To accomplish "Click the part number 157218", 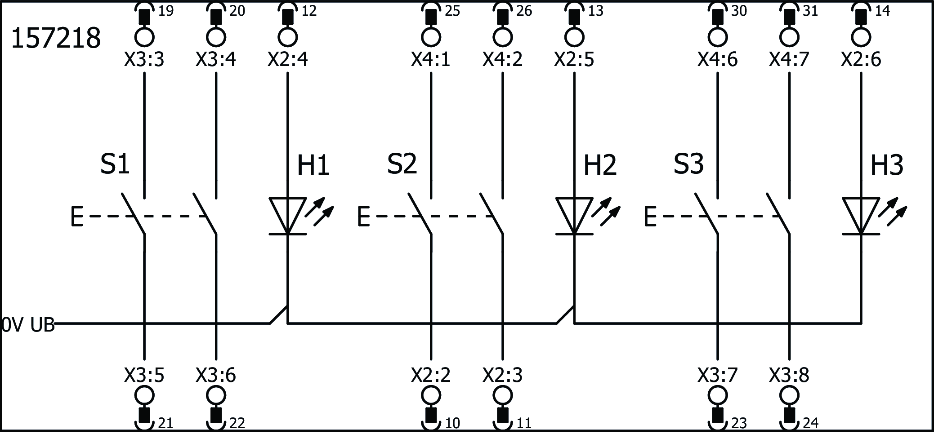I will pos(56,38).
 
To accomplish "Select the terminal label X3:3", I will pos(144,60).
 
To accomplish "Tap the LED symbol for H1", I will pos(288,216).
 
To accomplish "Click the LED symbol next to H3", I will pos(861,216).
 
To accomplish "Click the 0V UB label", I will pos(28,325).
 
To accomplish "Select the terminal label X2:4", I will pos(288,60).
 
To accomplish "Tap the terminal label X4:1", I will pos(430,60).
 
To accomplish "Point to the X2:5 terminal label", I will pos(574,60).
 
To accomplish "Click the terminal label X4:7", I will pos(789,60).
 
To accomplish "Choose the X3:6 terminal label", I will pos(216,375).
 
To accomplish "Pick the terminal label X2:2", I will pos(430,375).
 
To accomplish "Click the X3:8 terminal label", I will pos(789,375).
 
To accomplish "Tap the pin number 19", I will pos(166,11).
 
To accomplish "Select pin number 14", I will pos(882,11).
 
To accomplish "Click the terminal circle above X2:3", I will pos(502,396).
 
